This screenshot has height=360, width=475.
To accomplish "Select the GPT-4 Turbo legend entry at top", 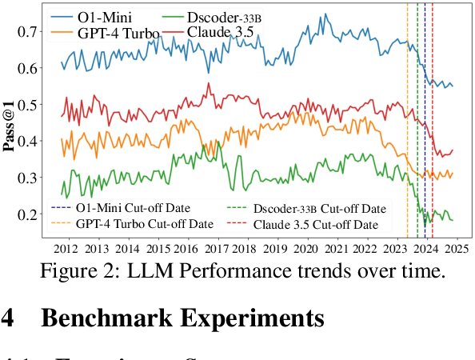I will click(111, 33).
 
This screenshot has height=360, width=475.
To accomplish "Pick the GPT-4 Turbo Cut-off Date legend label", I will click(145, 223).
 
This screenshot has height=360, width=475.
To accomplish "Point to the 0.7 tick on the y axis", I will click(26, 31).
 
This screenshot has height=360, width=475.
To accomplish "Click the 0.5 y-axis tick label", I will click(26, 105).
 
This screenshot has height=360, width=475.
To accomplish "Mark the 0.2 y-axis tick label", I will click(26, 214).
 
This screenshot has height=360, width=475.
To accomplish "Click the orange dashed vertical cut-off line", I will click(407, 120).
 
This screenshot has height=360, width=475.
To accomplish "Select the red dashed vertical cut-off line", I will click(433, 120).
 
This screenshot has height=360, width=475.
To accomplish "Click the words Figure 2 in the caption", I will click(77, 272).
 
